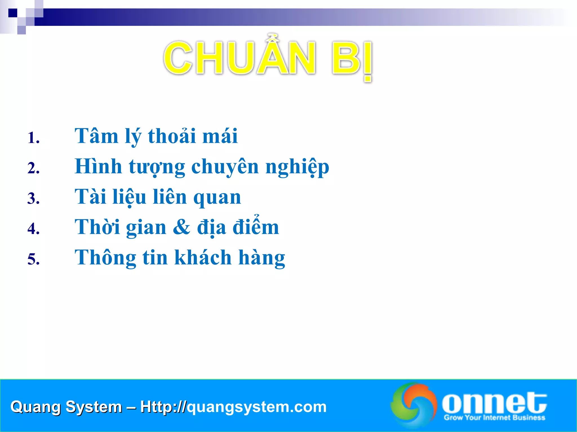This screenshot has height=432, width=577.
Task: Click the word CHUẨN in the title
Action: (239, 58)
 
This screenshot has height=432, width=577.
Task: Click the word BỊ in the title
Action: (352, 59)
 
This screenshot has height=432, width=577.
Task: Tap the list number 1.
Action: (33, 138)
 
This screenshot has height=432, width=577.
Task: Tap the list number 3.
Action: (33, 198)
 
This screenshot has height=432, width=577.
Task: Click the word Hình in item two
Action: (98, 166)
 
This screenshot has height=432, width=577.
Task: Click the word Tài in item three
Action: (90, 197)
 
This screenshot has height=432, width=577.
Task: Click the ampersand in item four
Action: (181, 227)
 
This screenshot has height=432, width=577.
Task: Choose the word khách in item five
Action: (203, 257)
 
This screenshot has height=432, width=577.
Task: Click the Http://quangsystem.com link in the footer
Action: (233, 407)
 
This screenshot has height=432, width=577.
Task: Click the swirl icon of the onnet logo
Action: (414, 405)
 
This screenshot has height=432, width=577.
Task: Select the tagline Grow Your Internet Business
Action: (494, 418)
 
